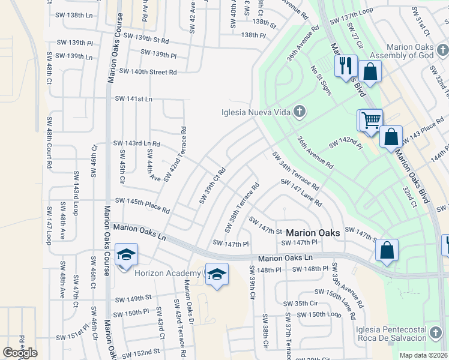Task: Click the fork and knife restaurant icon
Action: [x=345, y=65]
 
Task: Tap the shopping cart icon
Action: [x=371, y=120]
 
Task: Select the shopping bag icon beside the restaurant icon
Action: [x=370, y=73]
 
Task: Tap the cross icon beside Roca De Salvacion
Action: [x=436, y=332]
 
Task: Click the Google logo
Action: [x=20, y=353]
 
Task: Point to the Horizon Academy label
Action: [x=161, y=273]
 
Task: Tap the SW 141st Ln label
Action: [x=133, y=98]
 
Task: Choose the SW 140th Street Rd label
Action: [x=148, y=71]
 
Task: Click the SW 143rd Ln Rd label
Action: [x=137, y=143]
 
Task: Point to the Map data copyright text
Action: [x=423, y=355]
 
